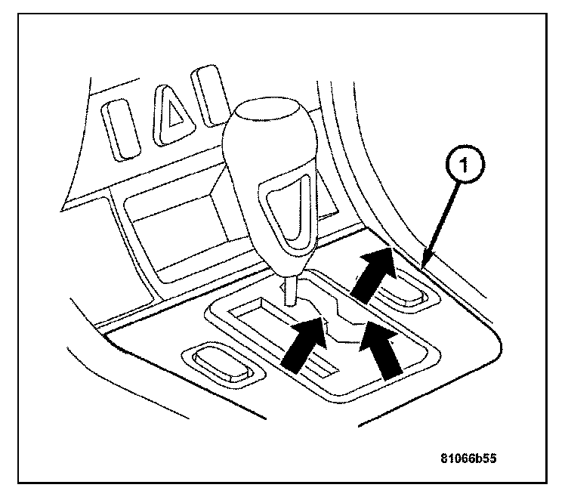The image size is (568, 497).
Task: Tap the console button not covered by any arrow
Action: [x=218, y=361]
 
